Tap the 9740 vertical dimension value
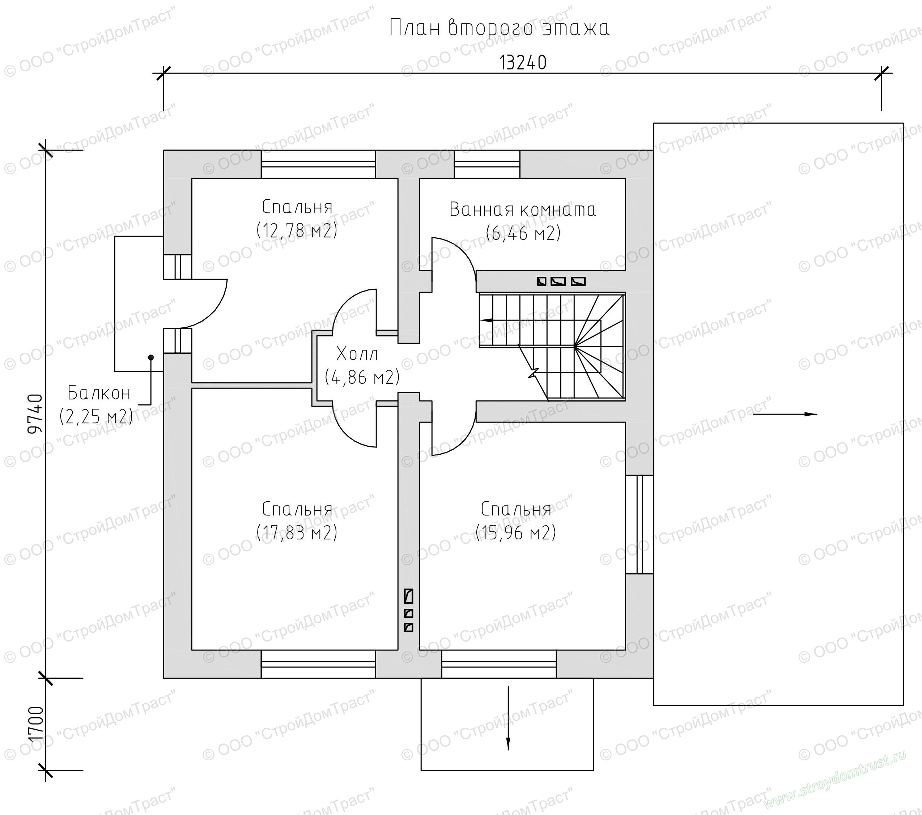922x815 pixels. pyautogui.click(x=35, y=414)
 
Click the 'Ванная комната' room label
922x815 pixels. pyautogui.click(x=523, y=210)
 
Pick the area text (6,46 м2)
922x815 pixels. pyautogui.click(x=523, y=233)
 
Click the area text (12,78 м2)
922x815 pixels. pyautogui.click(x=297, y=230)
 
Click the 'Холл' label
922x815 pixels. pyautogui.click(x=357, y=354)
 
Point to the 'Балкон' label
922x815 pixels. pyautogui.click(x=99, y=393)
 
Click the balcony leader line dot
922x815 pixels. pyautogui.click(x=151, y=357)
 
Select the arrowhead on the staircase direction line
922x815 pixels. pyautogui.click(x=486, y=320)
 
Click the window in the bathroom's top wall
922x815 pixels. pyautogui.click(x=487, y=164)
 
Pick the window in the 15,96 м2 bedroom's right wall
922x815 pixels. pyautogui.click(x=639, y=525)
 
